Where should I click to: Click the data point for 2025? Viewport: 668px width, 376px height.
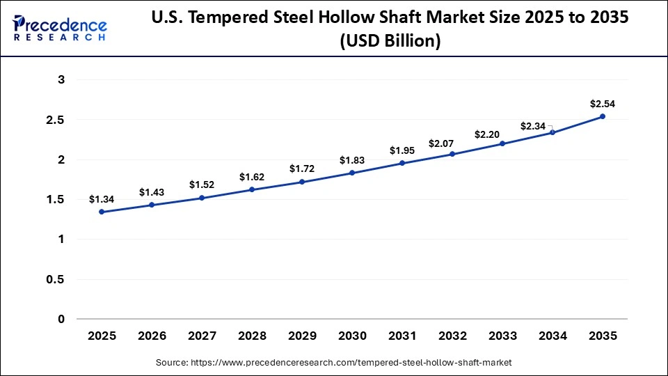pyautogui.click(x=102, y=212)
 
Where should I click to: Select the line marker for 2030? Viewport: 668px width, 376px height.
pyautogui.click(x=352, y=173)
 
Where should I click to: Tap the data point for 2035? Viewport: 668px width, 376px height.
pyautogui.click(x=603, y=116)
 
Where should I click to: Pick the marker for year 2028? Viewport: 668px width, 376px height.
pyautogui.click(x=252, y=189)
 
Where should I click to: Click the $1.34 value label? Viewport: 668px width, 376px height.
pyautogui.click(x=102, y=199)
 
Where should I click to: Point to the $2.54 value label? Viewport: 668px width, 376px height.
pyautogui.click(x=603, y=104)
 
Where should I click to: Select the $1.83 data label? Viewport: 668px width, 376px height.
pyautogui.click(x=352, y=160)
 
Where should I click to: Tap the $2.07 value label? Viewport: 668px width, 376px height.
pyautogui.click(x=452, y=143)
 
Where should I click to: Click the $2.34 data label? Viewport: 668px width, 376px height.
pyautogui.click(x=534, y=126)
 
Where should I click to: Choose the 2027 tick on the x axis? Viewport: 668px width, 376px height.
pyautogui.click(x=202, y=336)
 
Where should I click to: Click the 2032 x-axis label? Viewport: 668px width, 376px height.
pyautogui.click(x=452, y=336)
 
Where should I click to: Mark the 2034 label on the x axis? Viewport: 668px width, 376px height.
pyautogui.click(x=552, y=336)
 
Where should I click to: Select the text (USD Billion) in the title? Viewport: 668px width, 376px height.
pyautogui.click(x=390, y=42)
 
